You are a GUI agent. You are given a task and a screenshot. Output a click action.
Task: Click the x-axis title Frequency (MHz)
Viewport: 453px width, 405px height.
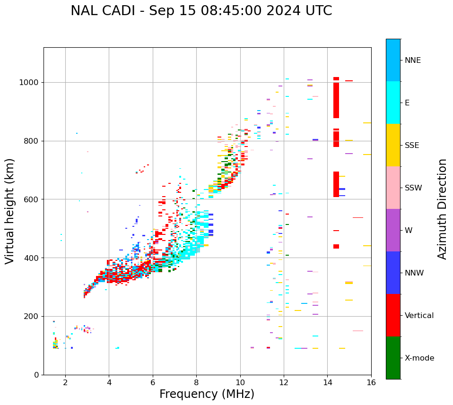click(207, 394)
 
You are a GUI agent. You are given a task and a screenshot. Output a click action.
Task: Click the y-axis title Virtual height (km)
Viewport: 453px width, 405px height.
click(10, 211)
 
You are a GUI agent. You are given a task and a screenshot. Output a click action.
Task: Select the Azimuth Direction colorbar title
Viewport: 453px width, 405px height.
click(442, 209)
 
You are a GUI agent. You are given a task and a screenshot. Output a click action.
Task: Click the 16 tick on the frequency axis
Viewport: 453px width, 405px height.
click(371, 382)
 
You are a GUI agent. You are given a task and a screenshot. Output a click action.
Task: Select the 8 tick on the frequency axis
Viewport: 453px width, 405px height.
click(196, 382)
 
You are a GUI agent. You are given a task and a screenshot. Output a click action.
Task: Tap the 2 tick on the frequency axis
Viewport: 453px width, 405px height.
click(65, 382)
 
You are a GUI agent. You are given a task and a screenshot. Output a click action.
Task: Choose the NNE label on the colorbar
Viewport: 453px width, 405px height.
click(412, 60)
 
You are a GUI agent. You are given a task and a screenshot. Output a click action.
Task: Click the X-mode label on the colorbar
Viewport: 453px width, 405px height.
click(419, 358)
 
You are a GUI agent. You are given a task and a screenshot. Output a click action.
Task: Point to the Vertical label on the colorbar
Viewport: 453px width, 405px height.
click(419, 316)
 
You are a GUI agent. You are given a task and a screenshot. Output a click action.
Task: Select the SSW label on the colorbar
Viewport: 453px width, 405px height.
click(413, 188)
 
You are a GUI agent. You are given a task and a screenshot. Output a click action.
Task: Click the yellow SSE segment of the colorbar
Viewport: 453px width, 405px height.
click(393, 145)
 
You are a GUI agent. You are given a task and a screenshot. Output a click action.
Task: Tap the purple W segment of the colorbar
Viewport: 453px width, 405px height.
click(393, 230)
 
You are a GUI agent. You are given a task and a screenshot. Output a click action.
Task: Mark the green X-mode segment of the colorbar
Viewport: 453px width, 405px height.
click(393, 358)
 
